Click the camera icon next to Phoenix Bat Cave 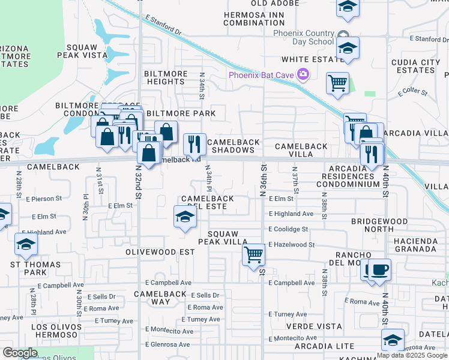(x=303, y=74)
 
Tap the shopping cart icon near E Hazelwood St (x=254, y=254)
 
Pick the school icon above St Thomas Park (x=26, y=245)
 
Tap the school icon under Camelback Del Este (x=185, y=217)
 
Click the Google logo (x=20, y=353)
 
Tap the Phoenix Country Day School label (x=303, y=37)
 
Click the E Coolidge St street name (x=288, y=229)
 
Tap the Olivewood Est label (x=160, y=253)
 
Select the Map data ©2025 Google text (x=412, y=355)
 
